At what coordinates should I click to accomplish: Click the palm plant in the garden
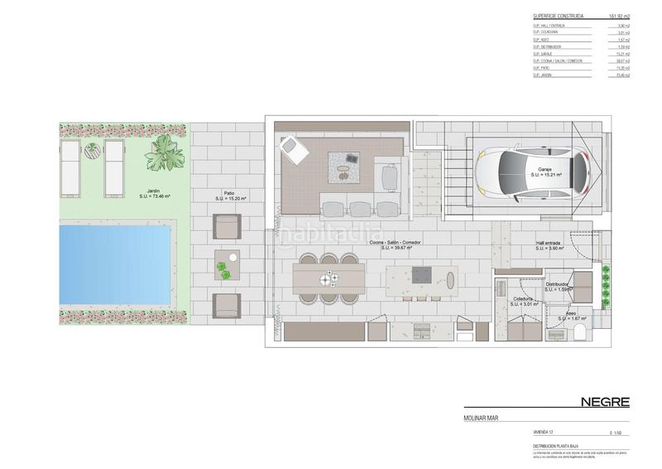pos(163,154)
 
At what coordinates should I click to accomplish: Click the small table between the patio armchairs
pos(226,262)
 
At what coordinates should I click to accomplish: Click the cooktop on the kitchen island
pos(421,273)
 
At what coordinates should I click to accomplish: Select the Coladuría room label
pos(522,300)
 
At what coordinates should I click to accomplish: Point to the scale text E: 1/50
pos(615,433)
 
